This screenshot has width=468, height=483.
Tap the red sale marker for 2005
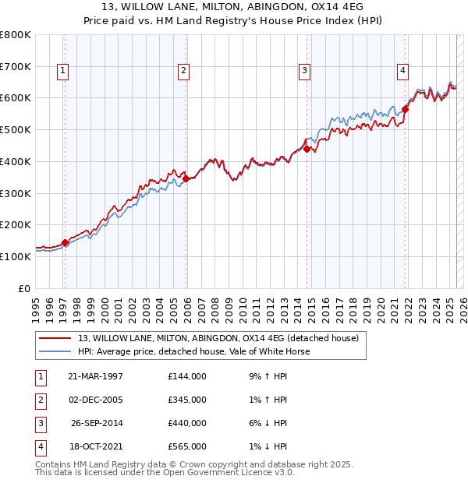click(186, 178)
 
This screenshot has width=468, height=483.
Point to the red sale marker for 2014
click(307, 149)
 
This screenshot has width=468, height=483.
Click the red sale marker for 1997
click(65, 242)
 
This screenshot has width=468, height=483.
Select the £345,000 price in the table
click(187, 400)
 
